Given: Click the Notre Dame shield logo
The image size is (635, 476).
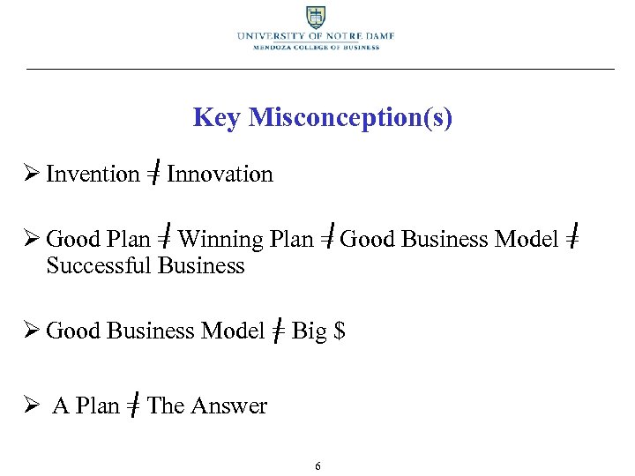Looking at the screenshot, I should [315, 17].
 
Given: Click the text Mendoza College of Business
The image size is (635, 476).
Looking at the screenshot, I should [315, 48].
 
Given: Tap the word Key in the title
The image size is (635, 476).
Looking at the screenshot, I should [217, 117].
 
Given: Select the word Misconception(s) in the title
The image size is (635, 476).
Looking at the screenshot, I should [350, 117].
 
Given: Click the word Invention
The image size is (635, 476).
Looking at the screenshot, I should [93, 175].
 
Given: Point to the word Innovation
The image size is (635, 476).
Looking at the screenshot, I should [220, 175].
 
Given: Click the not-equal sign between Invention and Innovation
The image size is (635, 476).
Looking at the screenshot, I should [153, 175].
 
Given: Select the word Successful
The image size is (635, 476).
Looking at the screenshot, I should [99, 265].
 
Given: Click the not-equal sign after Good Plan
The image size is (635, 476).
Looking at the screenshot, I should [166, 240].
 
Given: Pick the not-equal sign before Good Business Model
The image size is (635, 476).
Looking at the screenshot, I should [326, 240].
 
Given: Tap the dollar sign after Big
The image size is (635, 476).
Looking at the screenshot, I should [340, 331].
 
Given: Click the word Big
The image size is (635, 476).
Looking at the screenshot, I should [309, 331].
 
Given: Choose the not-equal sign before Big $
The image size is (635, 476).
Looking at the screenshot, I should [278, 331].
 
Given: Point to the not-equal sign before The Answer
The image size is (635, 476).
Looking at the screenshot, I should [133, 406].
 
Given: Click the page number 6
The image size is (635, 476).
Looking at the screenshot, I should [317, 465].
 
